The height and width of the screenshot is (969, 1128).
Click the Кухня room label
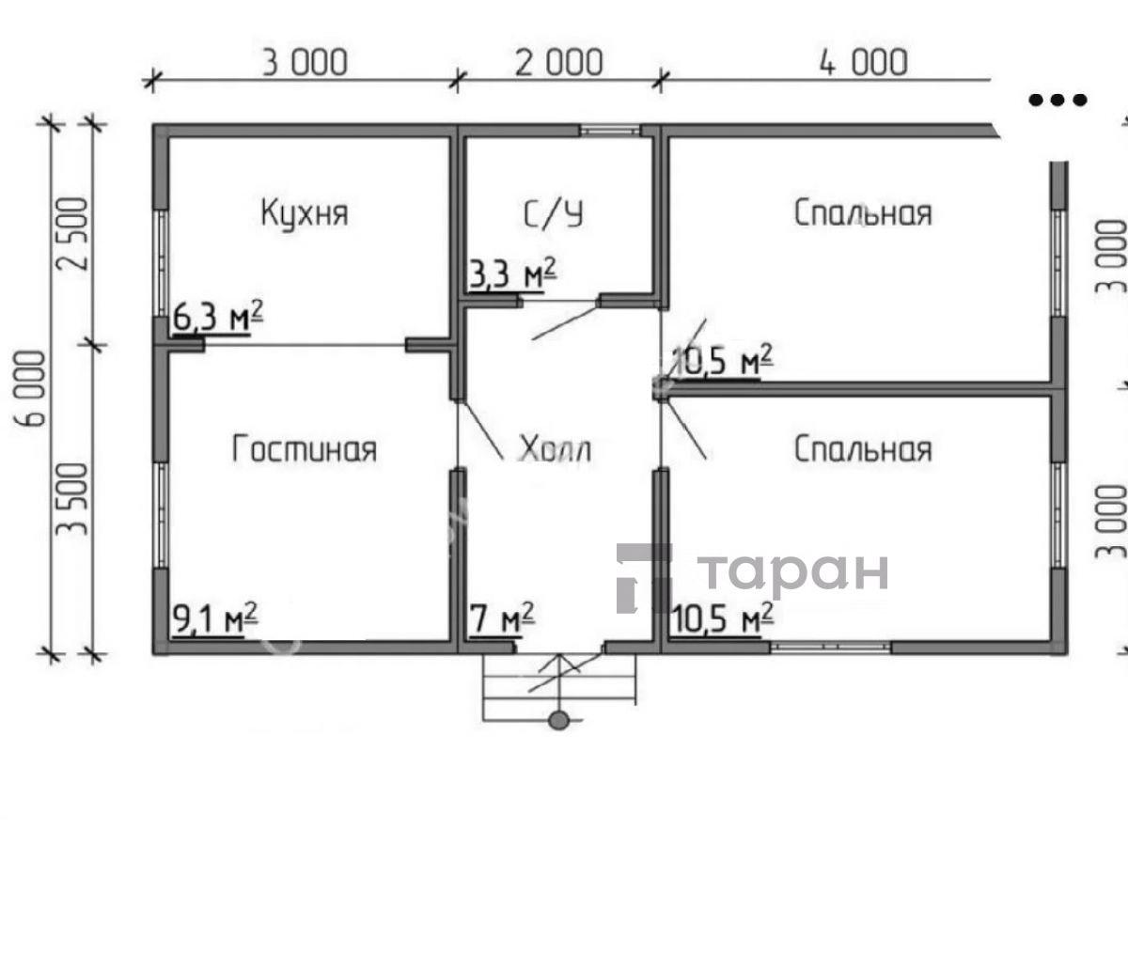[305, 212]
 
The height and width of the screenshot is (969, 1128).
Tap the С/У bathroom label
[554, 213]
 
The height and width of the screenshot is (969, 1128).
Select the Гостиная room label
[305, 449]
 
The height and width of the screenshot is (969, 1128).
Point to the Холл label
[555, 449]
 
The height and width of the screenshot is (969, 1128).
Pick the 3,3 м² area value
[512, 273]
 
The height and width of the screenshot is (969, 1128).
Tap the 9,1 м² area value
[215, 618]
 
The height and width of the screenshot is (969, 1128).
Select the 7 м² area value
[502, 618]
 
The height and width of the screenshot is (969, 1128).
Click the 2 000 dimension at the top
[559, 62]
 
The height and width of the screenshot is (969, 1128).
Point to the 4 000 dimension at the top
[863, 62]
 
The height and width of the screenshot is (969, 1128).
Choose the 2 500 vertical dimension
[72, 233]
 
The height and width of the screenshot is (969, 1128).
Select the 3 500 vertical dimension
[72, 499]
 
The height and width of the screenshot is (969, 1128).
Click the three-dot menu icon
[1057, 100]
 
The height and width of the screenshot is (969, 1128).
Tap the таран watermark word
[793, 573]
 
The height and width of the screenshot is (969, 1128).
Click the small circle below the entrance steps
[558, 721]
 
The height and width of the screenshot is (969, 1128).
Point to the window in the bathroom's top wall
[609, 131]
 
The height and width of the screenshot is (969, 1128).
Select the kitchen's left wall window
[161, 263]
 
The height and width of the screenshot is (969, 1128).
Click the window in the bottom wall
[831, 647]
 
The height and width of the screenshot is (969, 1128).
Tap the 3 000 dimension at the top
[305, 62]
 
